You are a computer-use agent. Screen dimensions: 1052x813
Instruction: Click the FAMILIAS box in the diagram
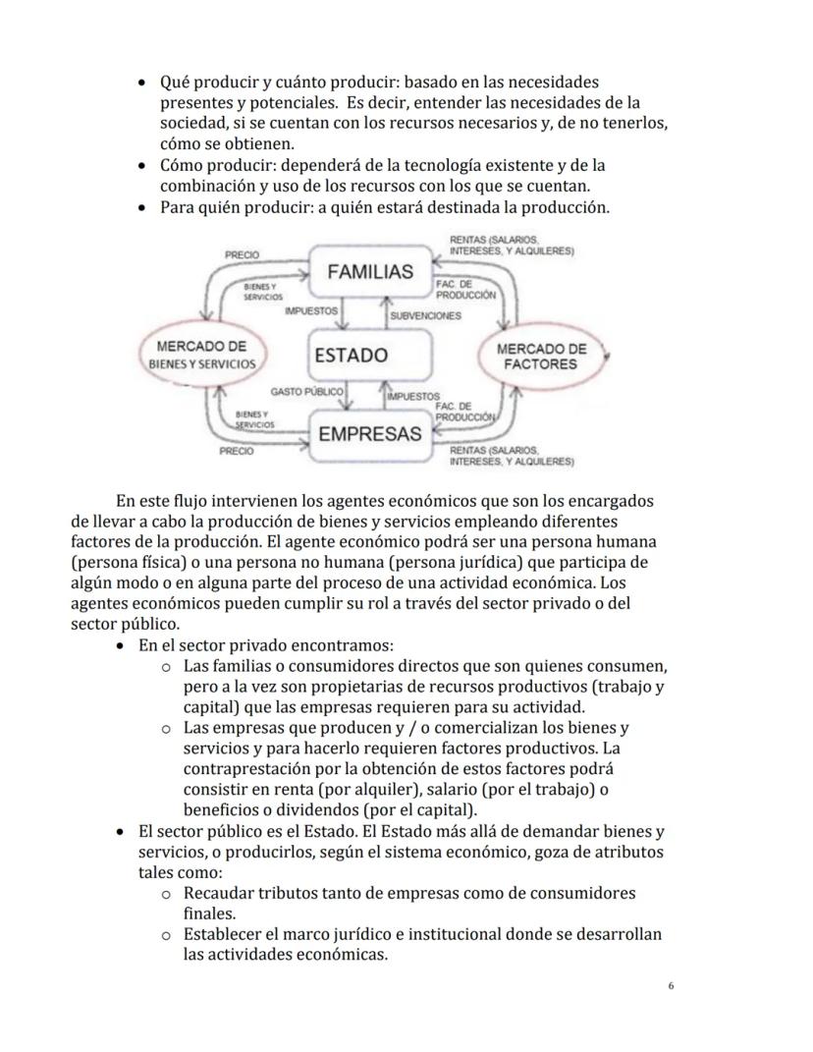pyautogui.click(x=370, y=272)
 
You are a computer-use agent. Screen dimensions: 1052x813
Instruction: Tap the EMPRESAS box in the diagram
pyautogui.click(x=370, y=434)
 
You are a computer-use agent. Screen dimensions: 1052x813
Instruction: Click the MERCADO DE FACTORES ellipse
pyautogui.click(x=541, y=356)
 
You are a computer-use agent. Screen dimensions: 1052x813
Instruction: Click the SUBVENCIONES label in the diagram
pyautogui.click(x=425, y=316)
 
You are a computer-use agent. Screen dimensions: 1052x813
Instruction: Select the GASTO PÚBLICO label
pyautogui.click(x=306, y=391)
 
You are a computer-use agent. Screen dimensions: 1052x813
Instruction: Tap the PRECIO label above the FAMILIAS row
pyautogui.click(x=242, y=254)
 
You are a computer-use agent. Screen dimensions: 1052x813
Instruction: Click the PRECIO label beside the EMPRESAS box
pyautogui.click(x=236, y=452)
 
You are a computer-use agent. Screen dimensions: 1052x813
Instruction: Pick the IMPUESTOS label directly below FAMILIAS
pyautogui.click(x=310, y=310)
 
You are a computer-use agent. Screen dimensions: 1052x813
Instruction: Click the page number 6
pyautogui.click(x=671, y=986)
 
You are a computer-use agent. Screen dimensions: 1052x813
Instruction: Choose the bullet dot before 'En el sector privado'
pyautogui.click(x=120, y=645)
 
